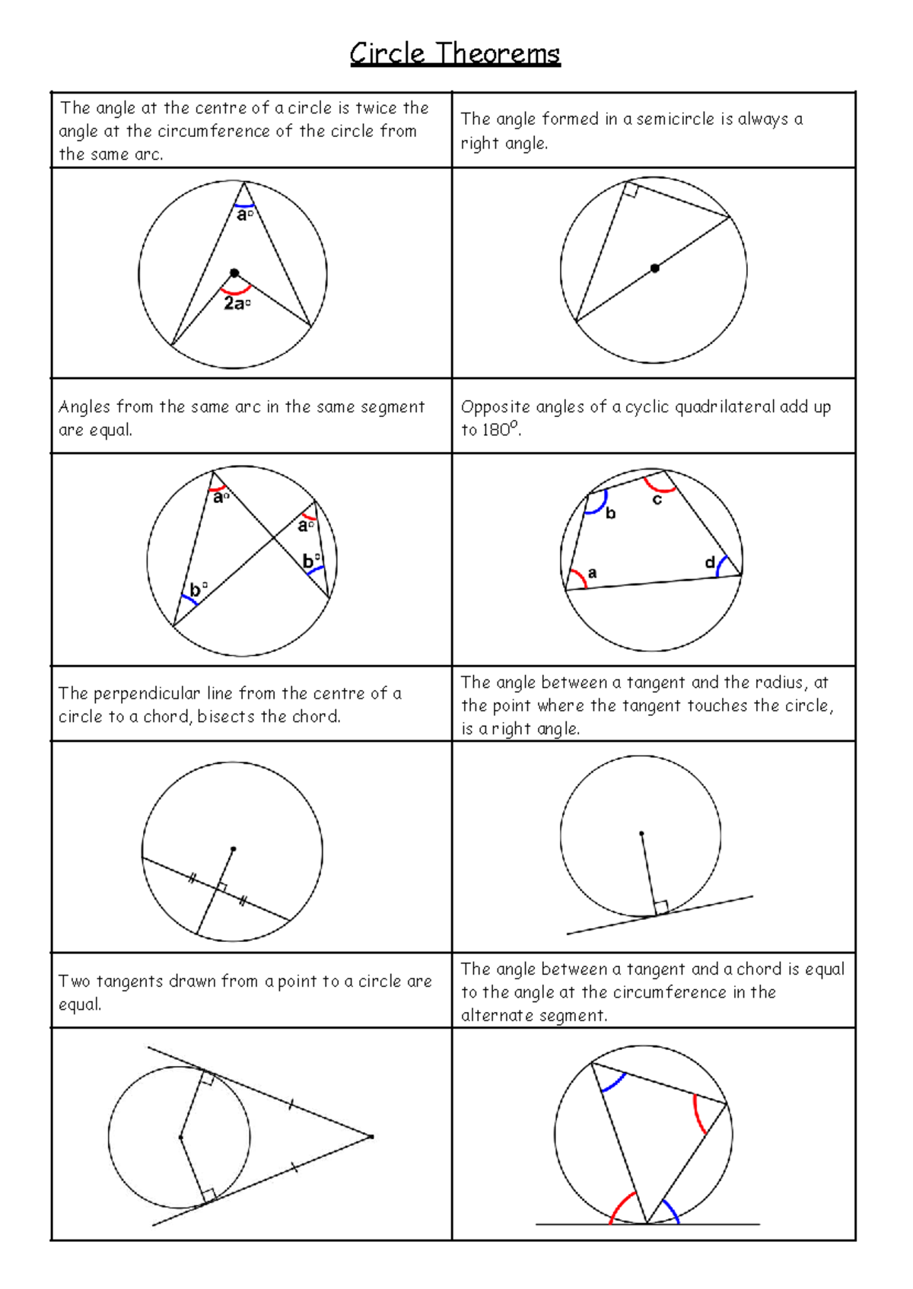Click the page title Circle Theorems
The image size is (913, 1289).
click(455, 54)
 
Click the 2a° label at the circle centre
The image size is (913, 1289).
click(237, 303)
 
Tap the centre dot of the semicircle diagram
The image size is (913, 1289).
click(654, 268)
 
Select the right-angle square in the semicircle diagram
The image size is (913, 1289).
click(630, 190)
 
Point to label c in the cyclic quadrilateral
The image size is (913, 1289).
click(657, 500)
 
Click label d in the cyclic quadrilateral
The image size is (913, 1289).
click(709, 562)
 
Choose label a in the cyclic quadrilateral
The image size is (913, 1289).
click(592, 573)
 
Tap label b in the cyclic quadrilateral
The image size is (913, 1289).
click(610, 514)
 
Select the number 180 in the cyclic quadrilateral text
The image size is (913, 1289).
click(495, 430)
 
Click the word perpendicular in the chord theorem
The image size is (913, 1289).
click(147, 693)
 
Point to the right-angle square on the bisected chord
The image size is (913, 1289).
click(221, 887)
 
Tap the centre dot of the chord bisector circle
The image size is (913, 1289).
click(234, 848)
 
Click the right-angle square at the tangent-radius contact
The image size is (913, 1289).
click(661, 907)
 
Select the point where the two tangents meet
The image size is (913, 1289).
click(371, 1137)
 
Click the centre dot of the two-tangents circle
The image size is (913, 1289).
click(180, 1137)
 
